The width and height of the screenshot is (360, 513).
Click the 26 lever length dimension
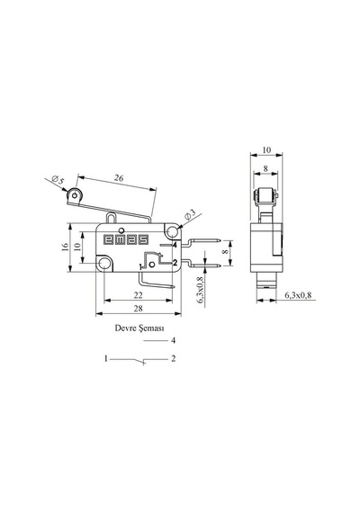point(119,178)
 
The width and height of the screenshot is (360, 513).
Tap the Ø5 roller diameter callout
point(58,180)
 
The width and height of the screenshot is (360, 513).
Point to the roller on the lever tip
point(75,195)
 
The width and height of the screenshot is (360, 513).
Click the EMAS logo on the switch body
point(126,239)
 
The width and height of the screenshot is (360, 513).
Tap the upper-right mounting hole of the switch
point(172,232)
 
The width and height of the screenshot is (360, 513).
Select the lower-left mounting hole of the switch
point(104,263)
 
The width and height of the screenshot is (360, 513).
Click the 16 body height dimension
point(65,247)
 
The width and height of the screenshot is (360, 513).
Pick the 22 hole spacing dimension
point(138,295)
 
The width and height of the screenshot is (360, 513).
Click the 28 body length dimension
point(139,308)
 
